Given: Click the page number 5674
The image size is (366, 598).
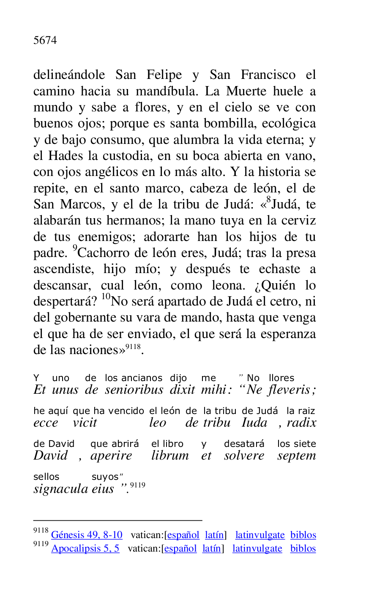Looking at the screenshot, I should [x=45, y=41].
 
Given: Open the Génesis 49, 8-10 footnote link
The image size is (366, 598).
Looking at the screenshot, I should [x=87, y=535].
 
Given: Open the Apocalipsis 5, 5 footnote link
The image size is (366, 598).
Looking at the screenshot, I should [x=85, y=549].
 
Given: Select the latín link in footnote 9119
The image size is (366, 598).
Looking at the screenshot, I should [x=211, y=549].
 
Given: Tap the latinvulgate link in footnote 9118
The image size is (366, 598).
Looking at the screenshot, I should [x=260, y=535].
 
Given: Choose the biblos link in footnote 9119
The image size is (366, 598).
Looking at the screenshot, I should [x=303, y=549].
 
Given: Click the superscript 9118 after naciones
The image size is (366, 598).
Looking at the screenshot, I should [x=133, y=347].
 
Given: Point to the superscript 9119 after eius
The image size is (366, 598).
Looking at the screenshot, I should [x=138, y=485].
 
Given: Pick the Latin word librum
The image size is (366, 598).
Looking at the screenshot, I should [x=170, y=456].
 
